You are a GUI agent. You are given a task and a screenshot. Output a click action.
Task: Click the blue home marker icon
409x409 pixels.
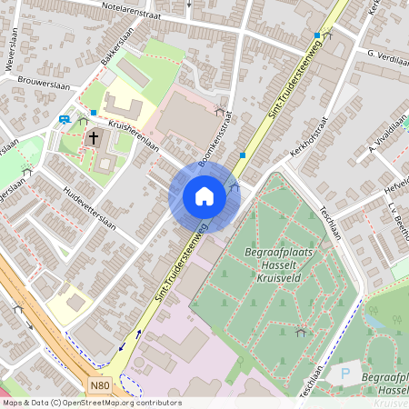point(204,196)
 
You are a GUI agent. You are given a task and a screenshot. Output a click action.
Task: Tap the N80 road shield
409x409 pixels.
point(102,385)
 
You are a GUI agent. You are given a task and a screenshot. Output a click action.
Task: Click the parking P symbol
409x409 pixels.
point(344,372)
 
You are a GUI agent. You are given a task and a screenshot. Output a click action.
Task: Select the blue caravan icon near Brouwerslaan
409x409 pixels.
point(65,119)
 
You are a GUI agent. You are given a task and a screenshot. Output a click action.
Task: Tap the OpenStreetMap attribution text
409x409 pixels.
point(91,403)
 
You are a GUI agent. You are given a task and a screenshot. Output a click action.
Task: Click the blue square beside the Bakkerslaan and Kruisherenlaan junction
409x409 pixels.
point(93,112)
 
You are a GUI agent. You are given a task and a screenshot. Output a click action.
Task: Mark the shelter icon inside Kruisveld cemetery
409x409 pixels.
point(300,334)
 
